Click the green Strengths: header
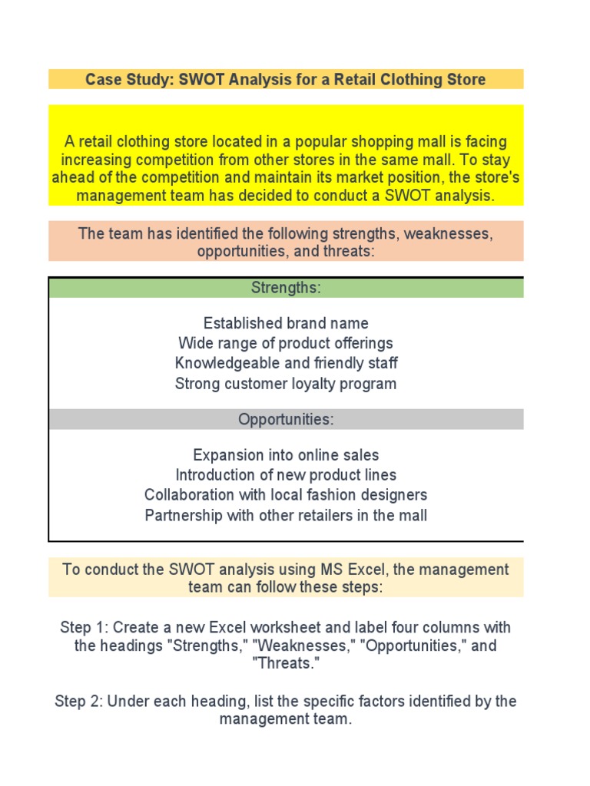[286, 288]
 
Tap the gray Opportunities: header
[286, 420]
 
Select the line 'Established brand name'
[286, 323]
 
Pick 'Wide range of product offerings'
[286, 343]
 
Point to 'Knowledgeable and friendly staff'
[286, 363]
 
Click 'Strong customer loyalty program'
[286, 383]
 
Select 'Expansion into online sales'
[286, 455]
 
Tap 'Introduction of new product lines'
[286, 475]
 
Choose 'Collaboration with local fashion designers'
[286, 495]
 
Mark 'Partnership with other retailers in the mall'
[286, 515]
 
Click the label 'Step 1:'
[84, 627]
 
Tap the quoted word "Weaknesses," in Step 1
[312, 646]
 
